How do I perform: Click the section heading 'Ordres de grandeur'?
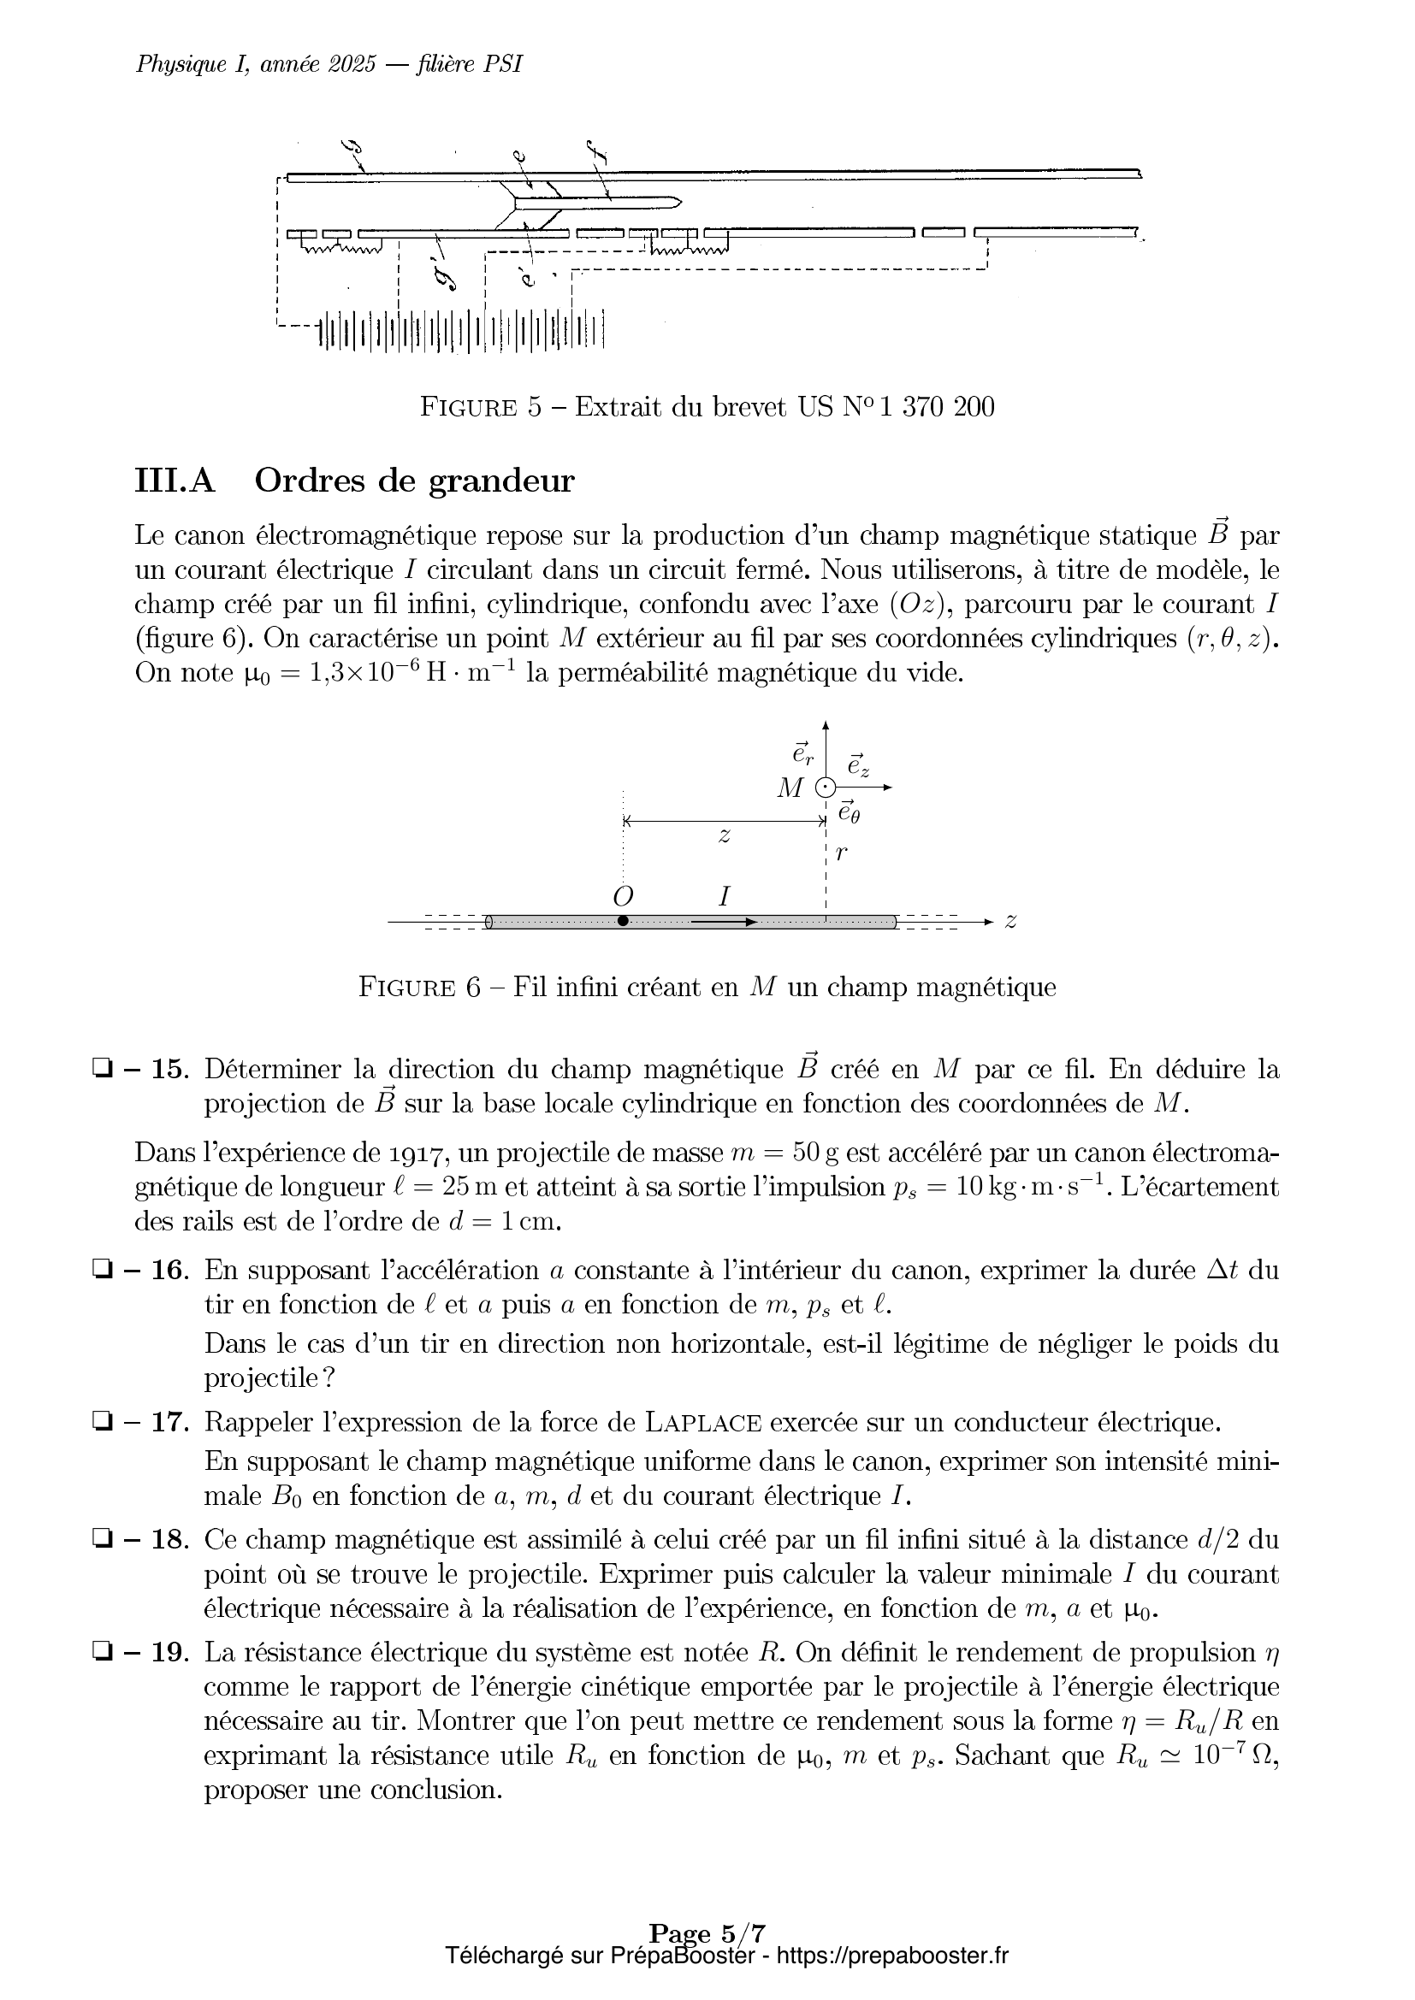click(x=414, y=481)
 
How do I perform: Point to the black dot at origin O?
click(x=622, y=921)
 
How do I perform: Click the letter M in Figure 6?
click(x=790, y=788)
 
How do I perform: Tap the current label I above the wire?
click(x=723, y=895)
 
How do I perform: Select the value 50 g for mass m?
click(x=814, y=1153)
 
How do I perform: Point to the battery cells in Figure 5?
click(x=462, y=331)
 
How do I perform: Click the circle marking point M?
click(x=825, y=788)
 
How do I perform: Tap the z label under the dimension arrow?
click(x=723, y=836)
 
